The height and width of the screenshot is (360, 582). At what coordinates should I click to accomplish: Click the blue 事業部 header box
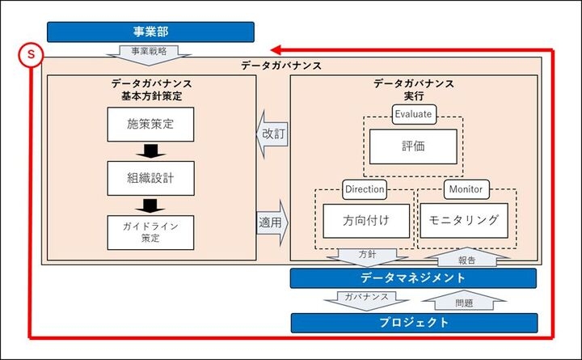[150, 32]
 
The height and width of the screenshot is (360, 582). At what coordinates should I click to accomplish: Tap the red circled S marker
[31, 55]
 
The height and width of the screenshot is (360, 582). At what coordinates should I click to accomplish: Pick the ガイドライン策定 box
[150, 231]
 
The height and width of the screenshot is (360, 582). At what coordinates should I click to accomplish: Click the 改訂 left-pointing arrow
[272, 133]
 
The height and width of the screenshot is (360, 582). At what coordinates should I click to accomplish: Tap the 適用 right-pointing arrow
[273, 220]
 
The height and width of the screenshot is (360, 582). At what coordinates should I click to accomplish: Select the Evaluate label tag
[413, 113]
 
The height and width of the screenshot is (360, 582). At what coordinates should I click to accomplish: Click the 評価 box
[413, 146]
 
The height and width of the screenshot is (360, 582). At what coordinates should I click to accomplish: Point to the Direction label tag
[365, 188]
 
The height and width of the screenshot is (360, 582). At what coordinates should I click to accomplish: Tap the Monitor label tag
[465, 188]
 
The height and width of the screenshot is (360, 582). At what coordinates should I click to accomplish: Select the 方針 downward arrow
[366, 255]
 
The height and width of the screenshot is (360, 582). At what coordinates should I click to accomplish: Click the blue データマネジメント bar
[413, 278]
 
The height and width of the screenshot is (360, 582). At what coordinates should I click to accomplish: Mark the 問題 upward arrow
[462, 302]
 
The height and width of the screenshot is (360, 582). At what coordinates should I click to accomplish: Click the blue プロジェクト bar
[413, 323]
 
